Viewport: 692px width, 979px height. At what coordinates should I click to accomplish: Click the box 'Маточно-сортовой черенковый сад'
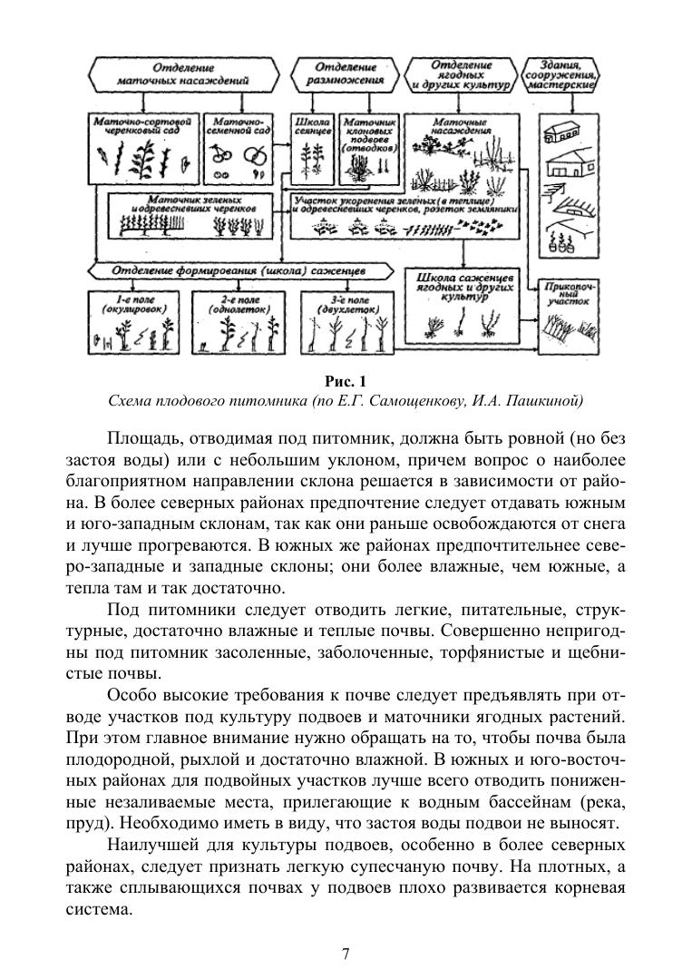click(x=143, y=150)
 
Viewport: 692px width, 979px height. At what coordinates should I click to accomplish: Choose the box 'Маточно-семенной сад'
click(x=240, y=150)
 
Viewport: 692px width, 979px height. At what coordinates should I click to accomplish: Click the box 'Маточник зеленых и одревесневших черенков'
click(x=188, y=216)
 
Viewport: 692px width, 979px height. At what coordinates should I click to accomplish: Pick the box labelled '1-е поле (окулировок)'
click(x=137, y=323)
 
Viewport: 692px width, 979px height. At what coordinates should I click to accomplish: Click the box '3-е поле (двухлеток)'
click(x=346, y=323)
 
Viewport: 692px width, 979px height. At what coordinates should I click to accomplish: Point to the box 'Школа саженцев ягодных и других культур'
click(x=464, y=304)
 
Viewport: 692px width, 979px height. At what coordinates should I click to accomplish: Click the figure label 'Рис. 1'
click(x=346, y=381)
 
